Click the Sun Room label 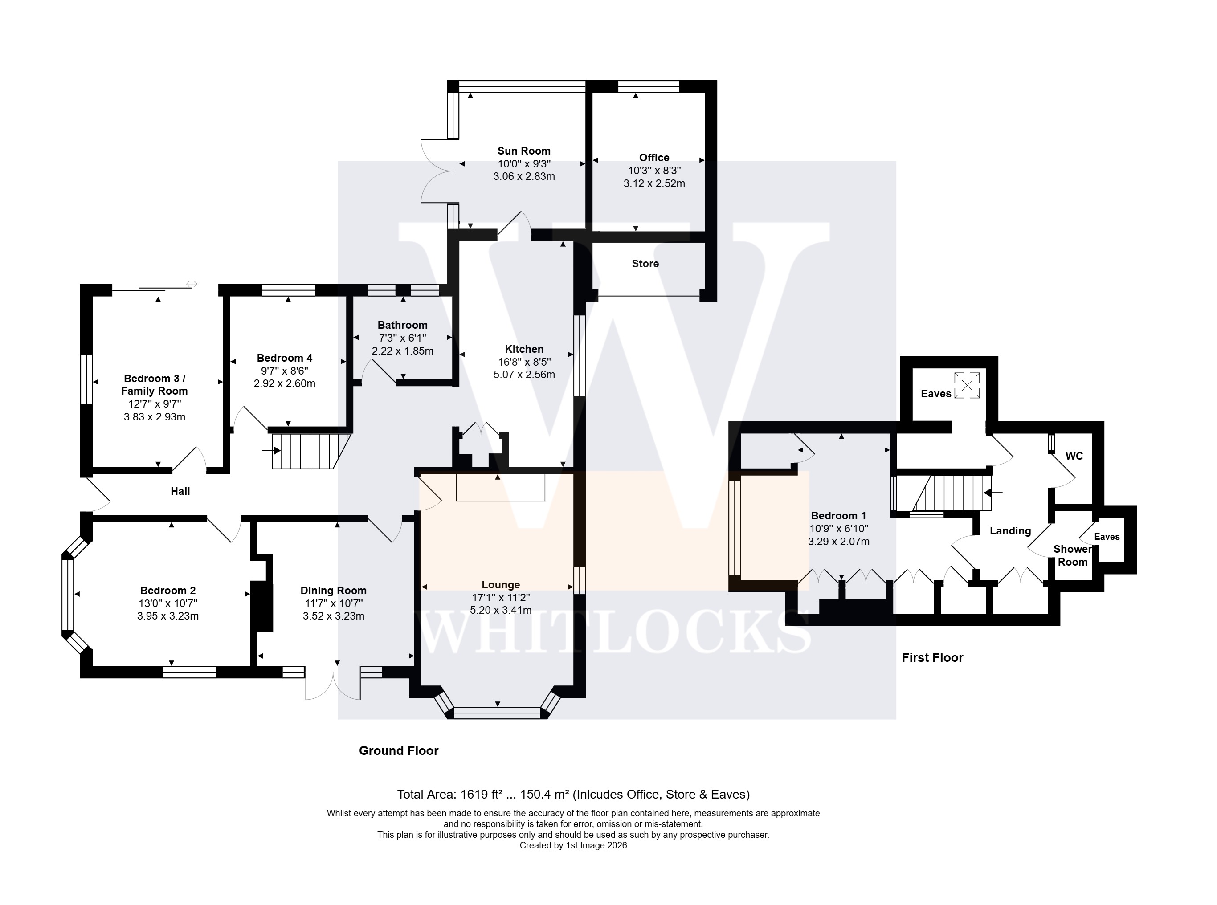[x=524, y=151]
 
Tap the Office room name [x=654, y=157]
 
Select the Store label [x=645, y=264]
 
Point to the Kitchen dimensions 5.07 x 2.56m [x=524, y=375]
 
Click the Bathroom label [x=402, y=325]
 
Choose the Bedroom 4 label [x=284, y=358]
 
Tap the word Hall [x=180, y=491]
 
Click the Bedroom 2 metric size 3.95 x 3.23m [x=167, y=616]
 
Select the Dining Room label [x=333, y=591]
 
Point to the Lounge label [x=501, y=584]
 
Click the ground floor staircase [x=310, y=451]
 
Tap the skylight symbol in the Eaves [x=967, y=385]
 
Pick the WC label [x=1074, y=456]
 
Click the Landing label [x=1010, y=531]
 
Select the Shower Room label [x=1072, y=555]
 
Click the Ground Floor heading [x=398, y=750]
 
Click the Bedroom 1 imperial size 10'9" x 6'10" [x=838, y=529]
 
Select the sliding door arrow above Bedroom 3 [x=191, y=284]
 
